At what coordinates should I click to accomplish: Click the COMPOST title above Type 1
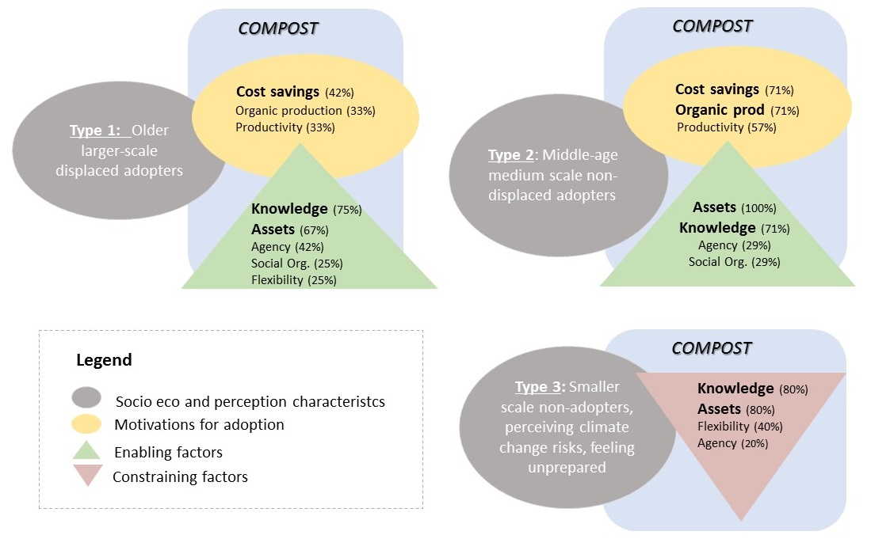coord(278,28)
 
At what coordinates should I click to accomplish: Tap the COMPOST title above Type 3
coord(711,348)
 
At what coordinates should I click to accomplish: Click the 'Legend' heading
coord(104,360)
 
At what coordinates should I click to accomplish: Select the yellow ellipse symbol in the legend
coord(86,425)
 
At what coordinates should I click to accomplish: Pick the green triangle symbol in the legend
coord(86,450)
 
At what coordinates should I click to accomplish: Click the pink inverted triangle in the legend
coord(86,476)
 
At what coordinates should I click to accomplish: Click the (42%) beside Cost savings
coord(339,93)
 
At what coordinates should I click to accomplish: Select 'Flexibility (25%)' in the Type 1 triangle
coord(294,279)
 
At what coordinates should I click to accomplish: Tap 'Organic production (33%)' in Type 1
coord(305,111)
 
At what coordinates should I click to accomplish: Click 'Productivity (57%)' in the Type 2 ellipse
coord(726,127)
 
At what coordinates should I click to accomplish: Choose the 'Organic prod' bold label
coord(720,109)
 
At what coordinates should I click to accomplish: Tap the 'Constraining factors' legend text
coord(180,476)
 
